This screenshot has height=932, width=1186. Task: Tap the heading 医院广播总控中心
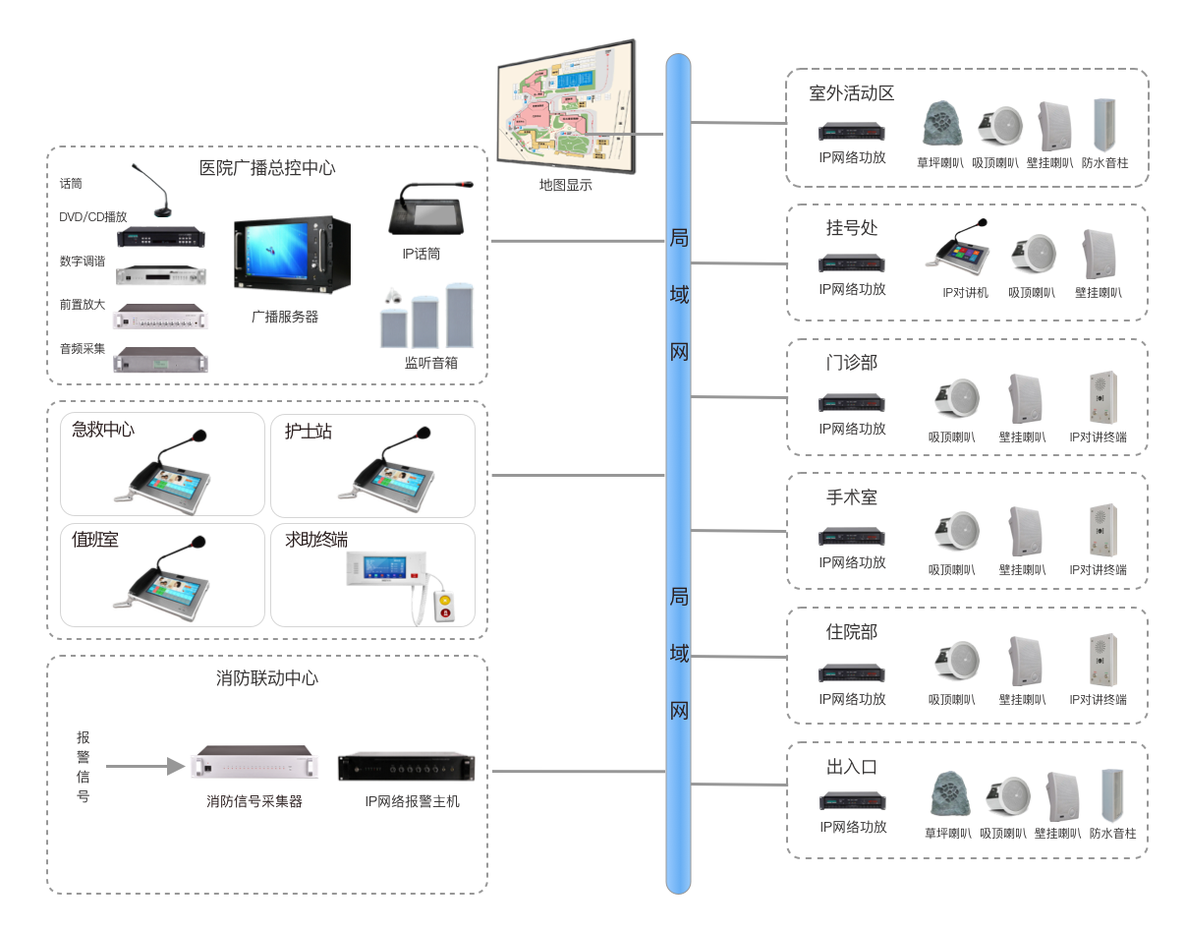coord(266,168)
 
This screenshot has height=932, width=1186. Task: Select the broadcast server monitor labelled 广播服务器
coord(292,254)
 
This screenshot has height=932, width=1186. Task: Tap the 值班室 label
coord(95,540)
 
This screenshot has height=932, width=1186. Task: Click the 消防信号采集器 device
coord(254,764)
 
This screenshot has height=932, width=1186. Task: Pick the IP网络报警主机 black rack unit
coord(406,767)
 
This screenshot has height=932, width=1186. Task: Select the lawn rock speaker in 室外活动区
coord(939,125)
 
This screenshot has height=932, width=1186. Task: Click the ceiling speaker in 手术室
coord(954,531)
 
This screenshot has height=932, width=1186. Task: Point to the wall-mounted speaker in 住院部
coord(1024,662)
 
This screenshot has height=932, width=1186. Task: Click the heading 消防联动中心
coord(267,678)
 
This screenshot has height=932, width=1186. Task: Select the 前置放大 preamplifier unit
coord(162,316)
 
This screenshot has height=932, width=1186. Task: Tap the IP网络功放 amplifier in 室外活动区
coord(852,132)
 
